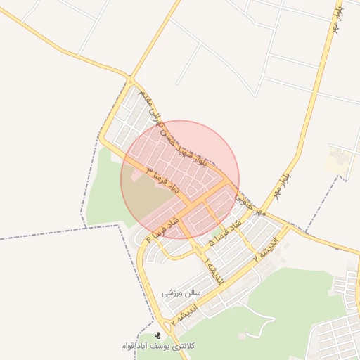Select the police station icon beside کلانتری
coord(157,335)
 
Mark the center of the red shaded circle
coord(180,180)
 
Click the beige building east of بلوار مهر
coord(336,161)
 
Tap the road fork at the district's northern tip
coord(130,77)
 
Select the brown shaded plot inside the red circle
coord(144,197)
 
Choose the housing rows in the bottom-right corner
coord(337,337)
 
